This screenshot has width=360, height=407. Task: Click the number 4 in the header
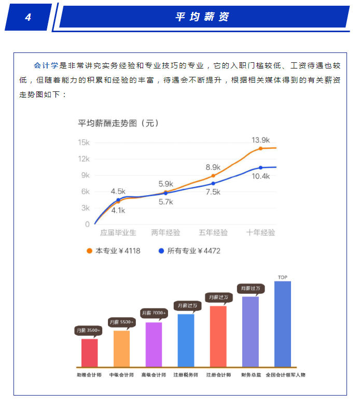28,18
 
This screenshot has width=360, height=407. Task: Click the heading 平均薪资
202,17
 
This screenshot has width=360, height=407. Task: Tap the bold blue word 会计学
46,66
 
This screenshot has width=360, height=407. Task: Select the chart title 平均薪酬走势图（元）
118,124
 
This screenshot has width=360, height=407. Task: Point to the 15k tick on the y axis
84,142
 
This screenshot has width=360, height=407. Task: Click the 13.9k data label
260,140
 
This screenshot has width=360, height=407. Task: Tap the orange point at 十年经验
261,148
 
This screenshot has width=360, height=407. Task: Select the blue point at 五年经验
213,183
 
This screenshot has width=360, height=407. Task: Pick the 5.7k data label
166,202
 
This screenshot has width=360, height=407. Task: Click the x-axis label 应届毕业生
118,233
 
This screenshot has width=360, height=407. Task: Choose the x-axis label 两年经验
165,233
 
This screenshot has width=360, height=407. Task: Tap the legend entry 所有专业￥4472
190,251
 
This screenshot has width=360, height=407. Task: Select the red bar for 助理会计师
89,352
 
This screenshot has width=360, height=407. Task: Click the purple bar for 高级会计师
154,344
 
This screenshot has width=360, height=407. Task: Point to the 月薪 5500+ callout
121,322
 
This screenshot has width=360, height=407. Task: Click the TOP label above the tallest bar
283,278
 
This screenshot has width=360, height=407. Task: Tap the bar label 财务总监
250,374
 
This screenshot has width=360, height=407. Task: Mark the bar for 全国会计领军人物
283,324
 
